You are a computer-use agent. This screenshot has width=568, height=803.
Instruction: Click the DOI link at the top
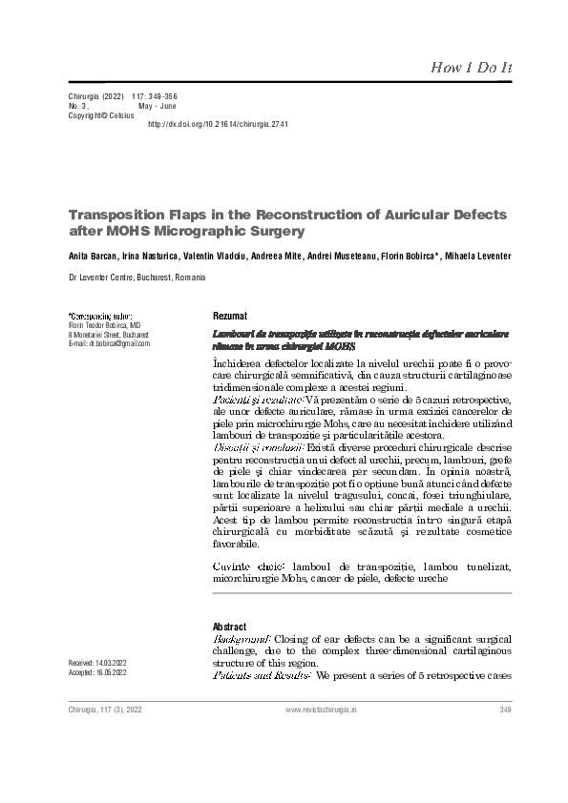(218, 125)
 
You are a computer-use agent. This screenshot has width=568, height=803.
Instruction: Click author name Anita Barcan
(93, 256)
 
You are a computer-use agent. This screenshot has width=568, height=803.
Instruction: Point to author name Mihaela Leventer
(477, 256)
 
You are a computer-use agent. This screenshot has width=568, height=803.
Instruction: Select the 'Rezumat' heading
(229, 316)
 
